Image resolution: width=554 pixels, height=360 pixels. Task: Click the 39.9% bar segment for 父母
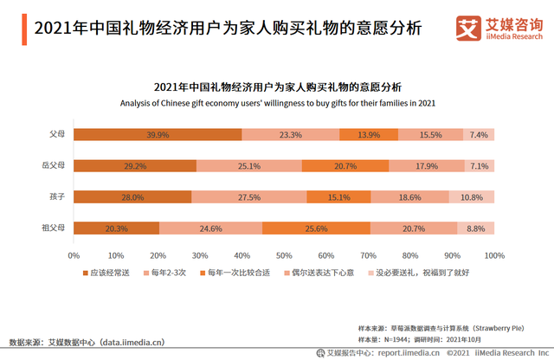tap(158, 135)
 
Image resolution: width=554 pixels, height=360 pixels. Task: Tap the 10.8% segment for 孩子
tap(472, 197)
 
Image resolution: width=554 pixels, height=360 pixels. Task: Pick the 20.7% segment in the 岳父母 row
tap(346, 166)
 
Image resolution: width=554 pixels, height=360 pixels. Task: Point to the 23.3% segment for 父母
tap(291, 135)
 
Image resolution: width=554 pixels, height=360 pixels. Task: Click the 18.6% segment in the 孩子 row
tap(410, 197)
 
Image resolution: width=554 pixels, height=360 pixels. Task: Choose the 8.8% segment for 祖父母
tap(476, 228)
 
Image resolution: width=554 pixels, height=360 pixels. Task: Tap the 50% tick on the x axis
tap(284, 255)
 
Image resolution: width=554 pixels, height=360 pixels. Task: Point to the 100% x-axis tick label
tap(494, 255)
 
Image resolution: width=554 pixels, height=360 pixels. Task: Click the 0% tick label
tap(74, 255)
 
